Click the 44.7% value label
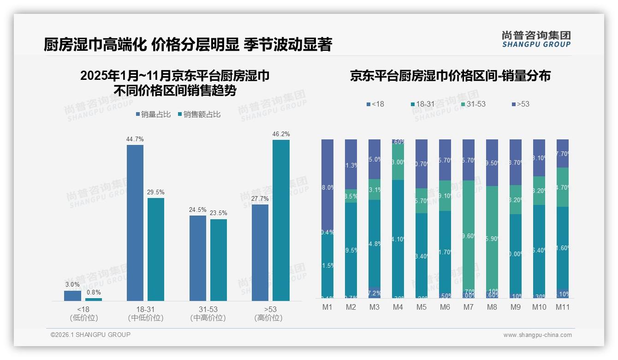click(135, 139)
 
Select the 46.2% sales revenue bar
click(281, 220)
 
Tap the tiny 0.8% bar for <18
click(94, 300)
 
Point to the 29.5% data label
click(156, 192)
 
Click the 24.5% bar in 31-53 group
click(198, 258)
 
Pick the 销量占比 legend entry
click(155, 114)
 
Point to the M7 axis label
click(469, 307)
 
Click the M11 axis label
click(563, 307)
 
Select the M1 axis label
click(327, 307)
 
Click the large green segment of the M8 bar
click(492, 238)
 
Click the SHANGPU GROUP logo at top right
click(536, 39)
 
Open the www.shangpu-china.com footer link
click(537, 335)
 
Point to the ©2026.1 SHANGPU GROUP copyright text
click(90, 335)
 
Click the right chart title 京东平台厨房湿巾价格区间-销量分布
click(450, 76)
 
